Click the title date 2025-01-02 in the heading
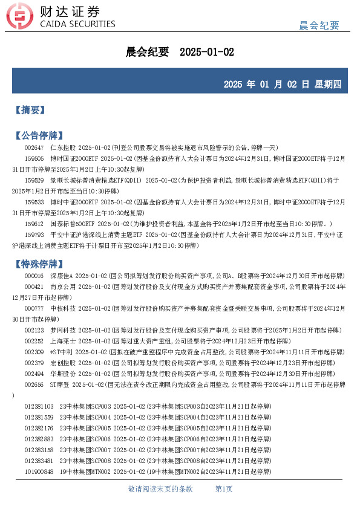pyautogui.click(x=207, y=53)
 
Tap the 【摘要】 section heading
pyautogui.click(x=29, y=110)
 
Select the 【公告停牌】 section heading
pyautogui.click(x=38, y=135)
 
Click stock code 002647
pyautogui.click(x=34, y=148)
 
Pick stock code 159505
pyautogui.click(x=34, y=158)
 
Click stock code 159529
pyautogui.click(x=34, y=180)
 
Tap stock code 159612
pyautogui.click(x=34, y=224)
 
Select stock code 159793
pyautogui.click(x=34, y=235)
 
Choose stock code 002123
pyautogui.click(x=34, y=330)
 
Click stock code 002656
pyautogui.click(x=34, y=384)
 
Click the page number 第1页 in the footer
pyautogui.click(x=224, y=488)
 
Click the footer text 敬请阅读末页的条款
pyautogui.click(x=160, y=488)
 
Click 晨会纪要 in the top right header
pyautogui.click(x=319, y=25)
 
